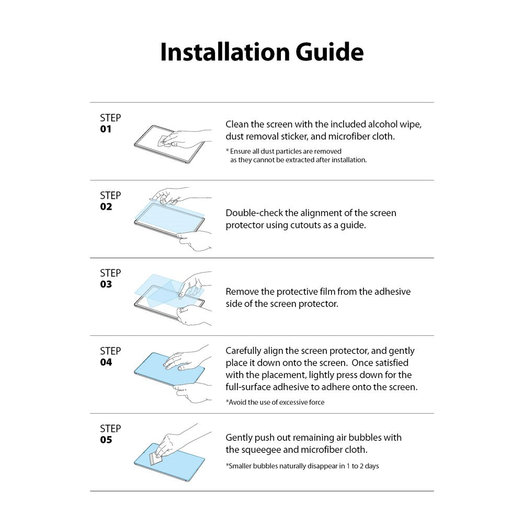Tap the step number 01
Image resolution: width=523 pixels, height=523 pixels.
[106, 129]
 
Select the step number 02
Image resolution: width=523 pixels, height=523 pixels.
[106, 207]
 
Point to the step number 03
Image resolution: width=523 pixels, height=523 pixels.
[106, 285]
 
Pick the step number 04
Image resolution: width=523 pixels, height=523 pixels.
[106, 362]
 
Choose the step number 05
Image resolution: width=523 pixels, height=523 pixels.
[106, 440]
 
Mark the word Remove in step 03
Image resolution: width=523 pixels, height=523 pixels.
[242, 291]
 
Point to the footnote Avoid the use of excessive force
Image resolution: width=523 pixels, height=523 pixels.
[275, 402]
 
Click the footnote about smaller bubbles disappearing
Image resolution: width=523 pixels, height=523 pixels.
[302, 465]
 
